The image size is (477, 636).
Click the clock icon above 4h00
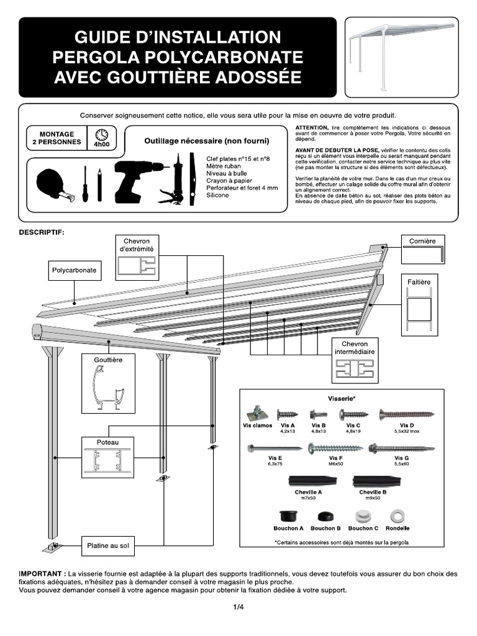tap(101, 134)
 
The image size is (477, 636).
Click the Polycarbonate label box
tap(74, 270)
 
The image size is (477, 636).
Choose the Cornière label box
tap(422, 241)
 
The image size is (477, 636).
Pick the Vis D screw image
tap(407, 414)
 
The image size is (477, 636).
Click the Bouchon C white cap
tap(363, 516)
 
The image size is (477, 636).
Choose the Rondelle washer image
tap(397, 516)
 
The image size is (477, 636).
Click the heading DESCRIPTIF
tap(42, 232)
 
